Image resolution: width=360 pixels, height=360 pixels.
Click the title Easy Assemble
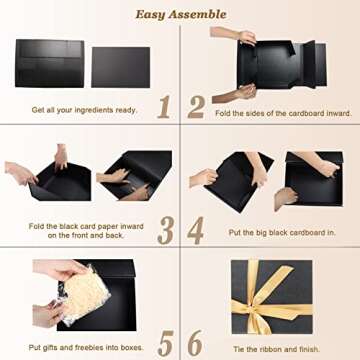(x=179, y=14)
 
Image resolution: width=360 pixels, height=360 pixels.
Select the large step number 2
(x=196, y=105)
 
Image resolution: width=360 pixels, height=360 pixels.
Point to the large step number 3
(x=164, y=230)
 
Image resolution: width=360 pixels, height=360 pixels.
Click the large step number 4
(x=196, y=230)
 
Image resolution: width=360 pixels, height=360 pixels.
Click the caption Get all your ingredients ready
(x=83, y=109)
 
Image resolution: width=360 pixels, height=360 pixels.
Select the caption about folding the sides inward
(x=283, y=113)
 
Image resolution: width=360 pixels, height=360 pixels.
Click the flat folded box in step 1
(x=49, y=63)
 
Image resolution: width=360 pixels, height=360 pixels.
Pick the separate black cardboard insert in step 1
(x=120, y=66)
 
